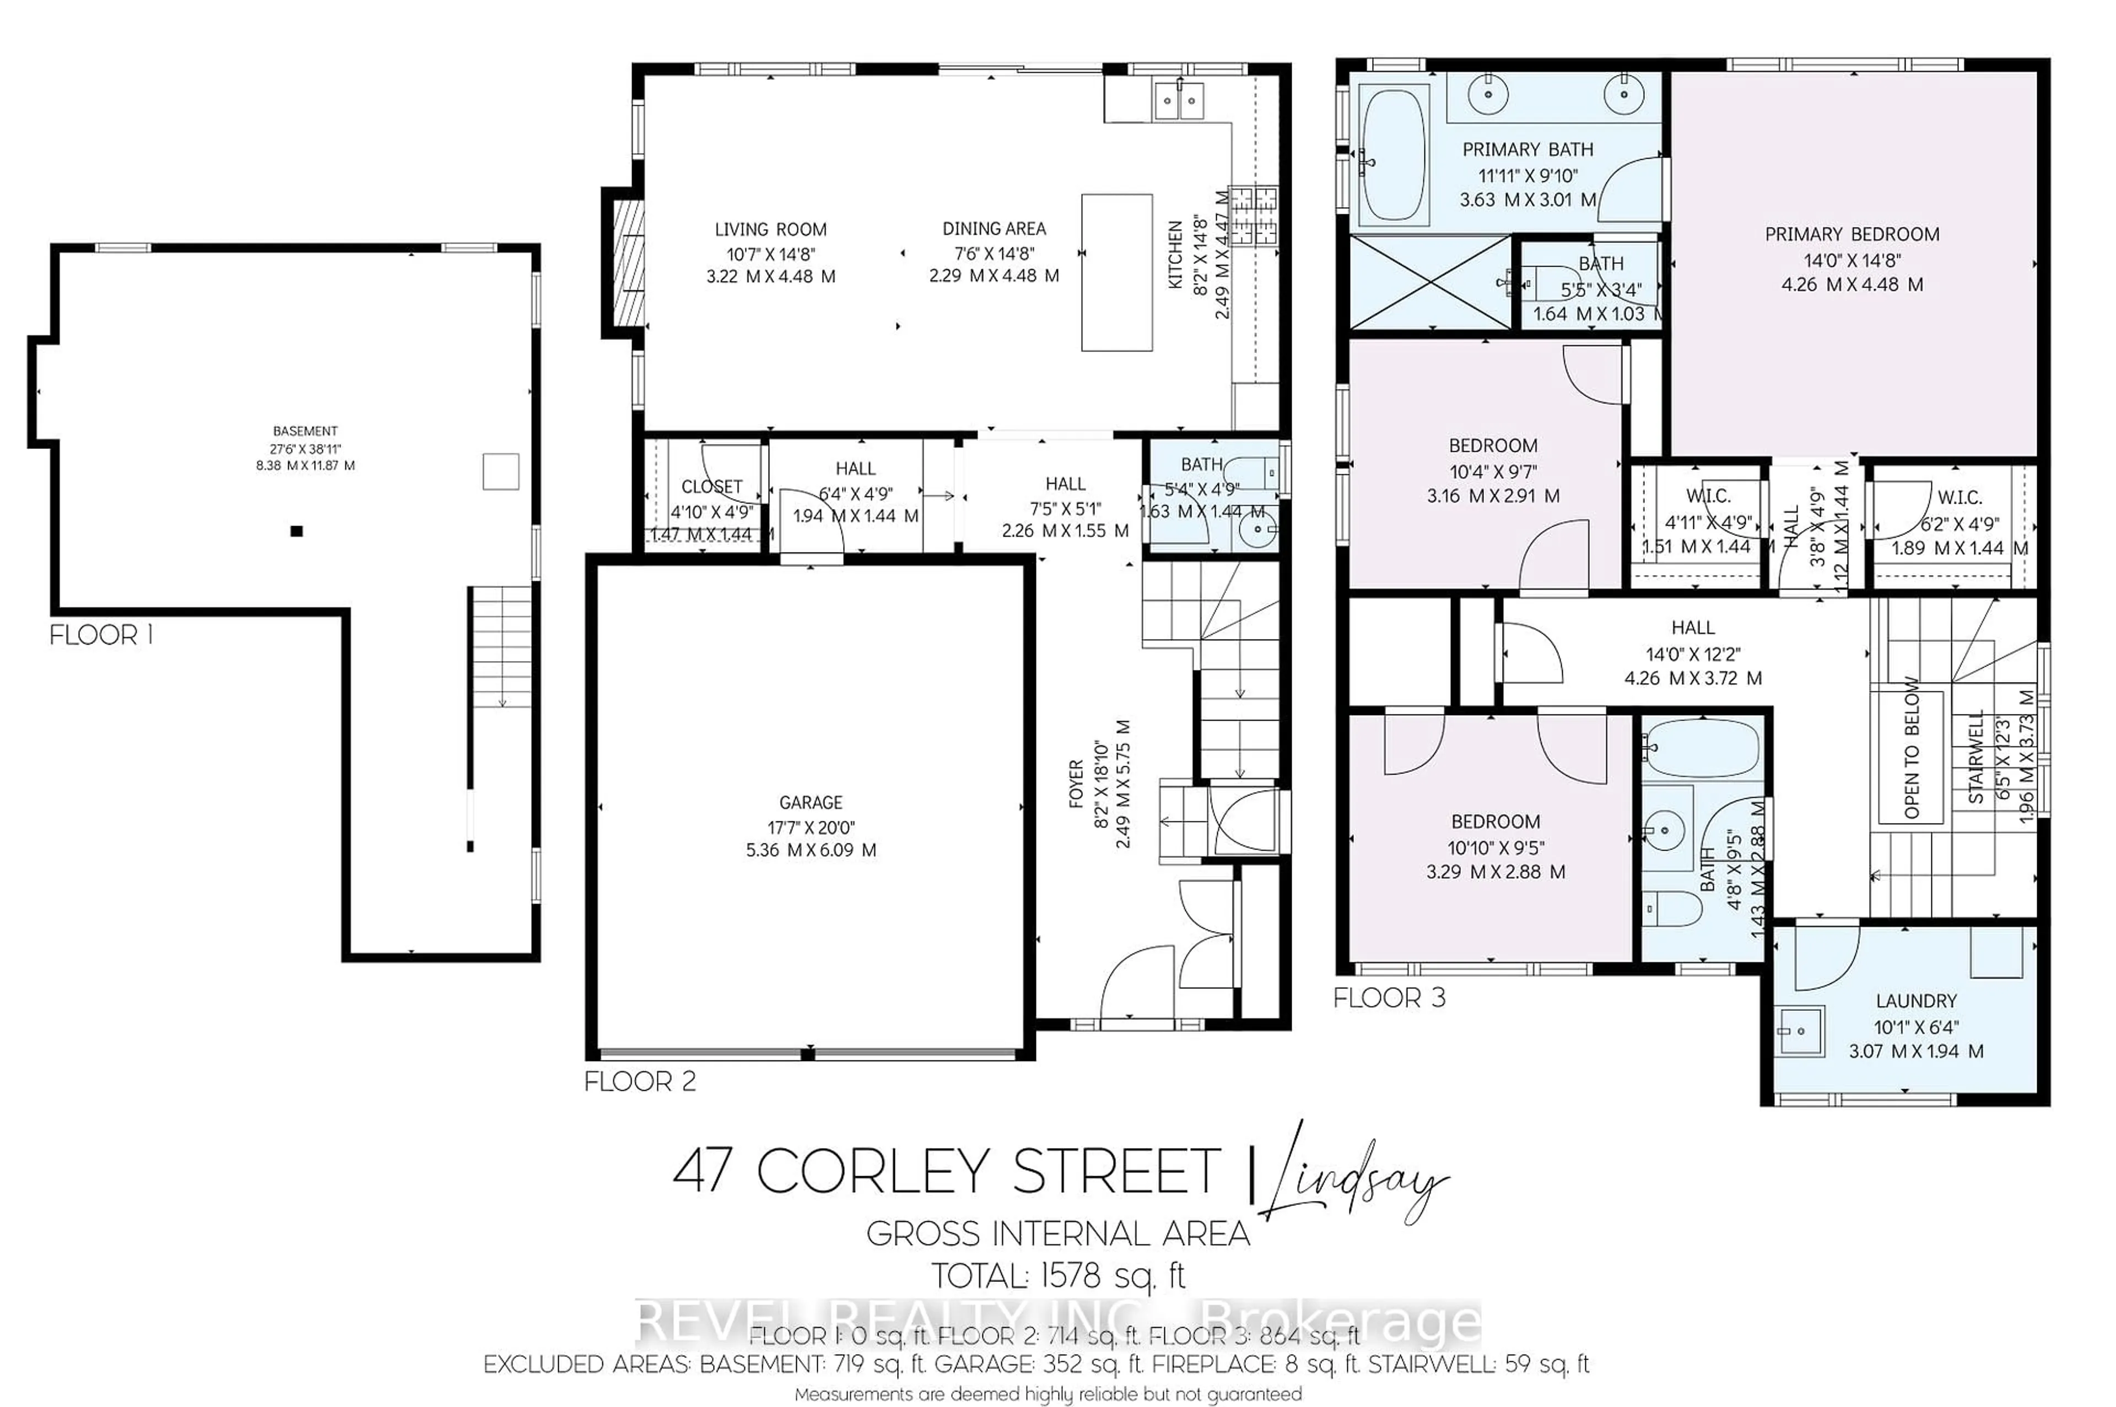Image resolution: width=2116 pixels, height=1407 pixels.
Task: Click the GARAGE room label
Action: pyautogui.click(x=811, y=802)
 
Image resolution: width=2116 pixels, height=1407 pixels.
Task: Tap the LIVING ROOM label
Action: pyautogui.click(x=770, y=230)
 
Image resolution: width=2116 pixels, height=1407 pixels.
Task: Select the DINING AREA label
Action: pyautogui.click(x=994, y=229)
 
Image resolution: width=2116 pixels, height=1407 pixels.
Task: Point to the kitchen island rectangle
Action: pyautogui.click(x=1116, y=272)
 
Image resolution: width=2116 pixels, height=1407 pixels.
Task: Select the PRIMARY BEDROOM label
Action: pyautogui.click(x=1851, y=234)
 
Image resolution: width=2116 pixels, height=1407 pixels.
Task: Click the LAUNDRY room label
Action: pyautogui.click(x=1916, y=1000)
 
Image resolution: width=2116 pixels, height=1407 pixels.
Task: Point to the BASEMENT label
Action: pyautogui.click(x=305, y=431)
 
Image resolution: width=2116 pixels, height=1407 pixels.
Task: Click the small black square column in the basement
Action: pyautogui.click(x=297, y=531)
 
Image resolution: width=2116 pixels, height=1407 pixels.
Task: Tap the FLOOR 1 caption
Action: pyautogui.click(x=100, y=635)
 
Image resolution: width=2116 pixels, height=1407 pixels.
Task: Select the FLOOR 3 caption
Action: pyautogui.click(x=1389, y=998)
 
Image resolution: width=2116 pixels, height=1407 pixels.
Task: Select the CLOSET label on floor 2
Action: pyautogui.click(x=711, y=487)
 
